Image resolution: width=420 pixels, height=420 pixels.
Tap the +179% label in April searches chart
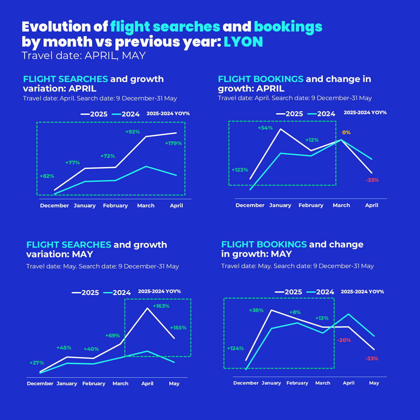coord(173,143)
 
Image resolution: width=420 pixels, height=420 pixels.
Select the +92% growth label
coord(133,132)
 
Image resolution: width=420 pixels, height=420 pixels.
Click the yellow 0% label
coord(346,132)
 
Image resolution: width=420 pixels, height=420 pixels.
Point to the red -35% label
coord(372,180)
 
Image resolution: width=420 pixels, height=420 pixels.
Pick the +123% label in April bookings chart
coord(240,170)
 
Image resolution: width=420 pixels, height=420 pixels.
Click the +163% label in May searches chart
coord(161,306)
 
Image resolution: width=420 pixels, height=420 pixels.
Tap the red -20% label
coord(344,340)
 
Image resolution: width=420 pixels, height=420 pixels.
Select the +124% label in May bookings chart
coord(235,348)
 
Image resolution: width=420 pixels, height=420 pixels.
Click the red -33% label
coord(372,359)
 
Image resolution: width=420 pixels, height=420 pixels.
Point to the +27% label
coord(37,363)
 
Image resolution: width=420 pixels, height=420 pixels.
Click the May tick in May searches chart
coord(174,384)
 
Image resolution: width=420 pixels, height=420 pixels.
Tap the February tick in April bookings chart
coord(311,205)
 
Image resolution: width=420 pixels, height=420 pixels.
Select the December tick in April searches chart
coord(54,205)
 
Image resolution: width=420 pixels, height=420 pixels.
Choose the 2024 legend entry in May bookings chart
coord(320,292)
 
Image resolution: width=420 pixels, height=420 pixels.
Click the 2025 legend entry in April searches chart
coord(94,114)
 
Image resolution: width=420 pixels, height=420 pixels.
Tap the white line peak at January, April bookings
coord(281,129)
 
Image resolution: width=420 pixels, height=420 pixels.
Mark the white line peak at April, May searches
coord(147,308)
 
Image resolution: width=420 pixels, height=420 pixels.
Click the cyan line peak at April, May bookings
coord(348,314)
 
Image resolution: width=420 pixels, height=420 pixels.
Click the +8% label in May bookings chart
coord(295,312)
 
